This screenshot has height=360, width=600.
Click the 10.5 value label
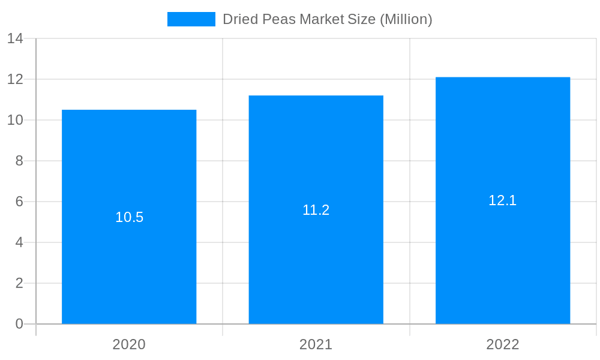coord(130,217)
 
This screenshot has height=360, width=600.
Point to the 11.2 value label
coord(316,210)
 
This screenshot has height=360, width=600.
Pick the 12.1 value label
coord(503,200)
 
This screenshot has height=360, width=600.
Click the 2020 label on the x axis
coord(129,344)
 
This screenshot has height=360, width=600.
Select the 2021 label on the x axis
coord(316,344)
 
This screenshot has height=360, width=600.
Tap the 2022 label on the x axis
coord(503,344)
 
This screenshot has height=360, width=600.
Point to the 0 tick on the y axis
coord(19,324)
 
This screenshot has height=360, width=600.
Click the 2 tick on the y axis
coord(19,283)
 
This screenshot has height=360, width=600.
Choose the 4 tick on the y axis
coord(19,242)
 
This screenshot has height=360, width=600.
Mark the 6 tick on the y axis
coord(19,202)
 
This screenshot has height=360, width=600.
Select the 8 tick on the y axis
coord(19,161)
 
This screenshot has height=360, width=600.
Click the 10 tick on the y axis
coord(15,120)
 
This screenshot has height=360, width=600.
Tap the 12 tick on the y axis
coord(15,79)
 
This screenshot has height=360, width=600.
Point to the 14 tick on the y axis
coord(15,38)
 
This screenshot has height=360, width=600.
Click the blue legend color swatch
coord(191,19)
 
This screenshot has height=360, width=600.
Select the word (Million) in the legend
coord(406,19)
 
